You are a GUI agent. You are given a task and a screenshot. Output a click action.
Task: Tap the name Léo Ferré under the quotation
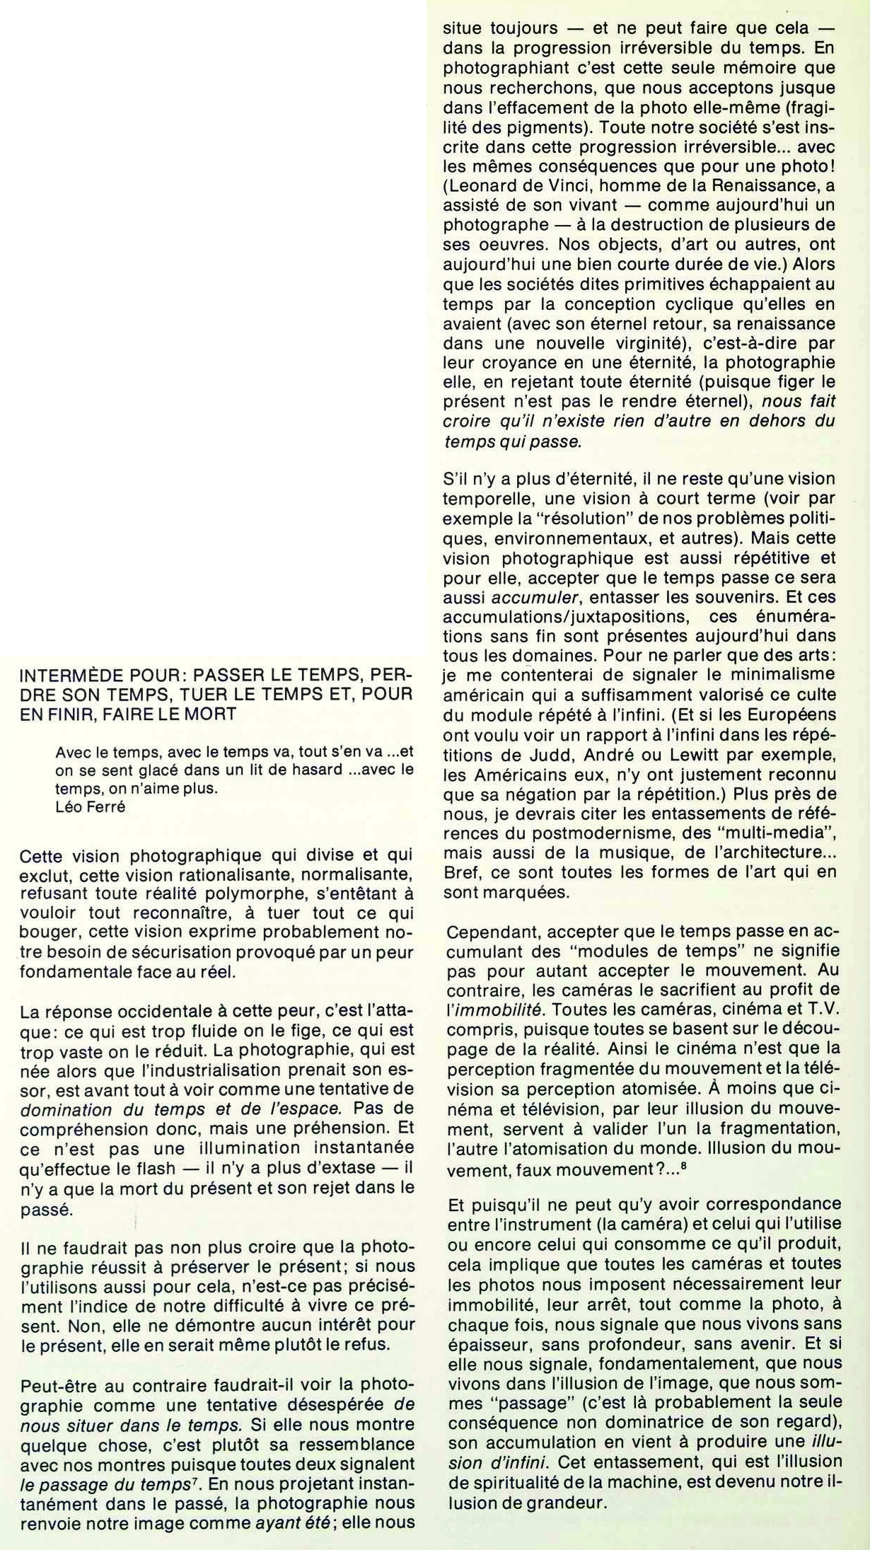[x=90, y=806]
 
